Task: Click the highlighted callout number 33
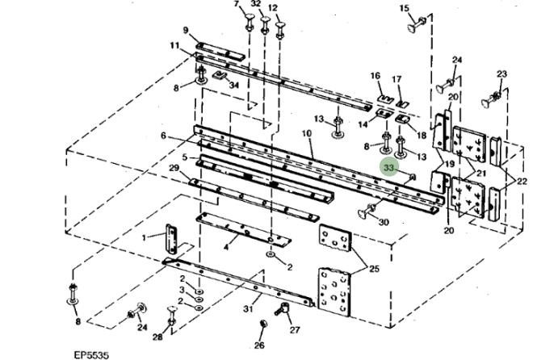point(388,167)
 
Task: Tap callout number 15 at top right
point(405,9)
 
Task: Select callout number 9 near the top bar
point(186,31)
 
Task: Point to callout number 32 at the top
point(255,4)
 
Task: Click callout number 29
point(173,167)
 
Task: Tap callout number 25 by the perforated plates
point(374,268)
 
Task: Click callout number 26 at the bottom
point(259,345)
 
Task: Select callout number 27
point(295,329)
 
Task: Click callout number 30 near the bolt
point(383,222)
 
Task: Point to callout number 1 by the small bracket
point(144,237)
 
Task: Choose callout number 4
point(225,245)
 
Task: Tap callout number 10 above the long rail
point(307,132)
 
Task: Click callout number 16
point(375,76)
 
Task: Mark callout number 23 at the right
point(501,74)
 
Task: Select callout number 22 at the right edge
point(522,182)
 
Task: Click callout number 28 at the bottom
point(158,338)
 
